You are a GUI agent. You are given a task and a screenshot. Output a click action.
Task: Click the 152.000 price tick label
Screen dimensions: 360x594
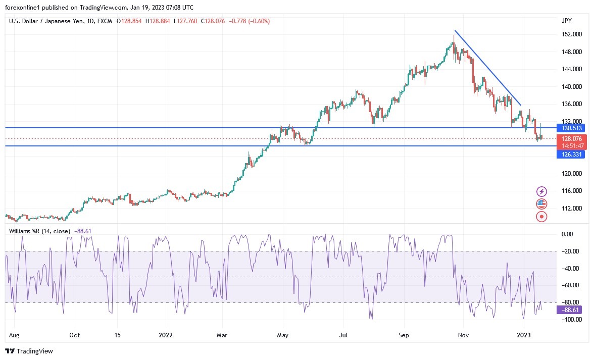[571, 34]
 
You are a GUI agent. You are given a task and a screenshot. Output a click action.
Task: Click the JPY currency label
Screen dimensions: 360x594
[566, 21]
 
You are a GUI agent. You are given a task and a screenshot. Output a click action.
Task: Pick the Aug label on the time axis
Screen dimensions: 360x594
[14, 335]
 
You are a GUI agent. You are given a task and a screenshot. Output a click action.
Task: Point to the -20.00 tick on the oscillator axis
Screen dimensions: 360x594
[570, 251]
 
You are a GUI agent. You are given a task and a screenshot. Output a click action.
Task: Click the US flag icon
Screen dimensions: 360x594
[541, 204]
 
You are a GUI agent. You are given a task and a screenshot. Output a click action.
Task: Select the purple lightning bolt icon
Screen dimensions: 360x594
[541, 191]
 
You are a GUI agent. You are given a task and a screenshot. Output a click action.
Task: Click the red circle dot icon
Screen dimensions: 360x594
[541, 217]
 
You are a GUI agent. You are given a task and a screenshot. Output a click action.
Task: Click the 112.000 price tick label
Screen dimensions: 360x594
[571, 209]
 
